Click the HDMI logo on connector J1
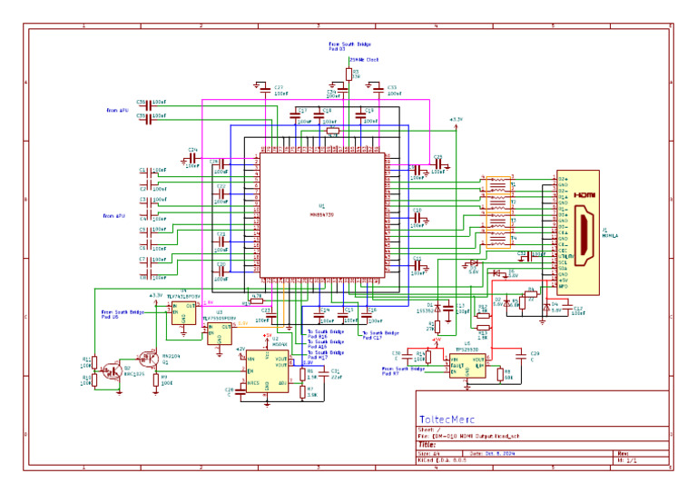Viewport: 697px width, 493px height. (x=586, y=195)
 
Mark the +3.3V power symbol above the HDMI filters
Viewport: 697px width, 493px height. (x=456, y=120)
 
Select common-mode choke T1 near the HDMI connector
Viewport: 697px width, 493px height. (x=498, y=186)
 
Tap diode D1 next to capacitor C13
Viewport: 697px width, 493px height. (x=437, y=307)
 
